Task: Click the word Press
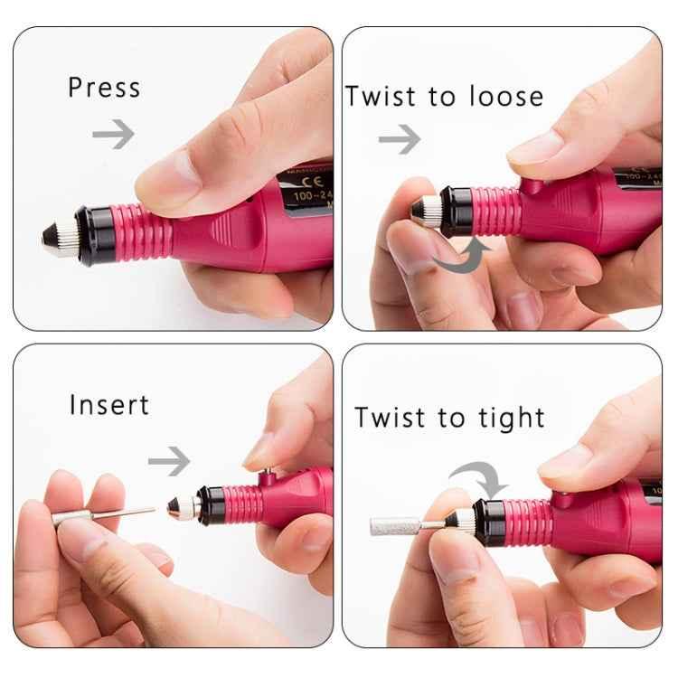pos(104,89)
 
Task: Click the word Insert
pos(108,405)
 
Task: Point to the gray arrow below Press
pos(113,135)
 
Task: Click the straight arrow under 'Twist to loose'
pos(400,139)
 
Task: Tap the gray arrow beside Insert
pos(169,461)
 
